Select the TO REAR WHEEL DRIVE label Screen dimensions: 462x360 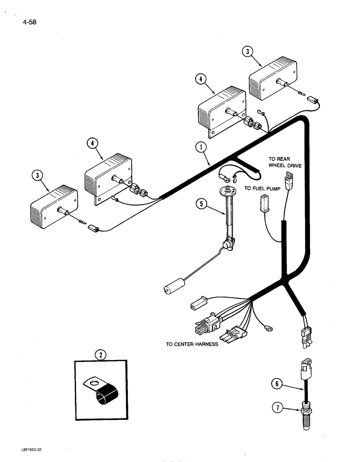pyautogui.click(x=285, y=162)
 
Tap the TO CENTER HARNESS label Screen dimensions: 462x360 pyautogui.click(x=192, y=344)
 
